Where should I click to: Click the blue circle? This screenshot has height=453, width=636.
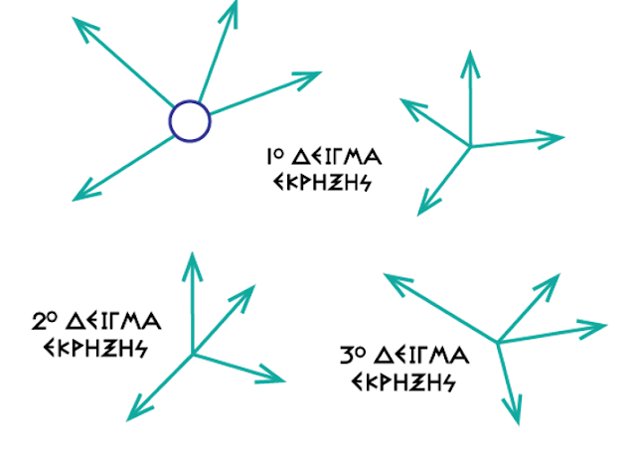(190, 121)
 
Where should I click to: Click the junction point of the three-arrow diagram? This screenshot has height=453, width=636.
(470, 147)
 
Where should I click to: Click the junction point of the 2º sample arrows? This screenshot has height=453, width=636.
(193, 353)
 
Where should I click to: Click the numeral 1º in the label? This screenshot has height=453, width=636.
(276, 157)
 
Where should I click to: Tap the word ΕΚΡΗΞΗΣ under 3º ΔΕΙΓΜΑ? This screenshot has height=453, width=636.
(402, 381)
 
